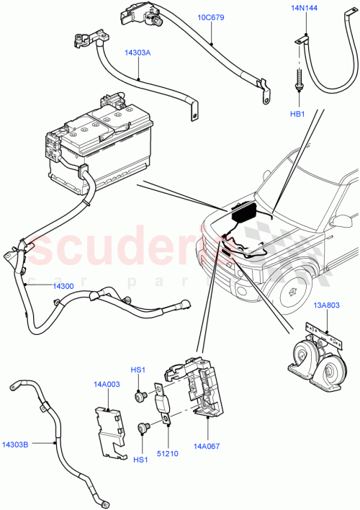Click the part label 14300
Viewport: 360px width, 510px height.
[63, 286]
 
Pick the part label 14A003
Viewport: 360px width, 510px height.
[107, 385]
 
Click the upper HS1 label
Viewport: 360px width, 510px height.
[138, 370]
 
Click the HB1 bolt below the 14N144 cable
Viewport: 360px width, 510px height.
[297, 79]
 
